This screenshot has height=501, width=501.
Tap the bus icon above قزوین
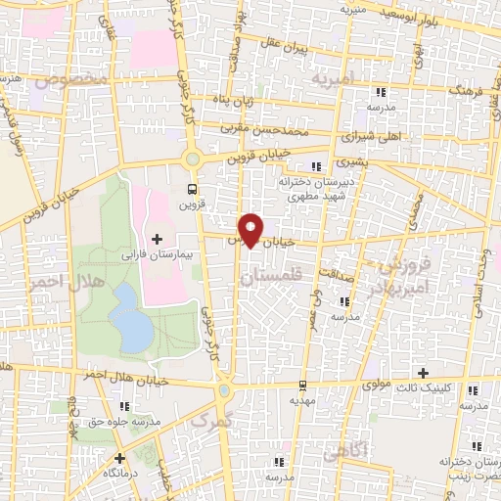(191, 190)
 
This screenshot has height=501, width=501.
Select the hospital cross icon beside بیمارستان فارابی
(157, 239)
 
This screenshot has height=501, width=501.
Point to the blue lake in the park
(131, 319)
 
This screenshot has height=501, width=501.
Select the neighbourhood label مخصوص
(69, 77)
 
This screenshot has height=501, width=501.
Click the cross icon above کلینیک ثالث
(423, 373)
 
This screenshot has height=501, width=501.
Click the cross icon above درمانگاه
(119, 457)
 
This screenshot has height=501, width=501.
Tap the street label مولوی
(376, 385)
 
